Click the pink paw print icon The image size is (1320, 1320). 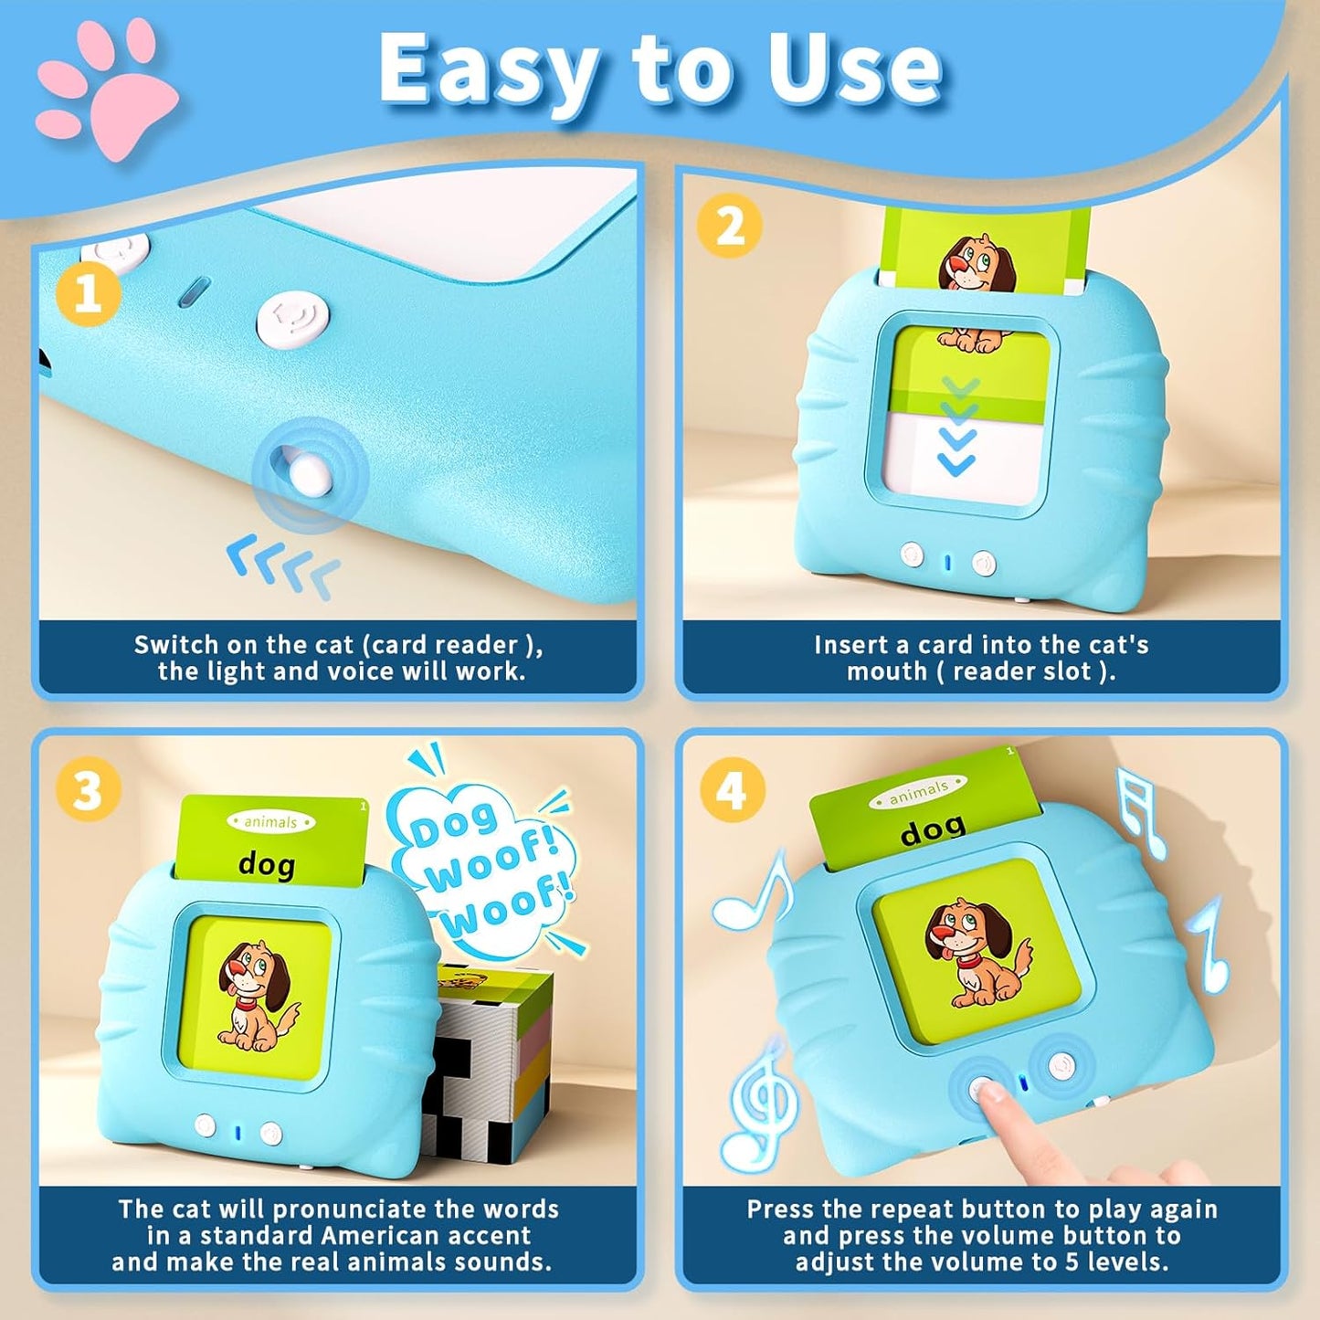click(x=107, y=92)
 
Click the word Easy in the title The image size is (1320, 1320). click(x=489, y=71)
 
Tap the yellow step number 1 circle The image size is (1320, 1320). click(x=88, y=293)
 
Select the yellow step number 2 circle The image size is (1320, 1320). click(x=729, y=225)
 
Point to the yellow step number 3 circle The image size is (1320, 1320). click(x=88, y=789)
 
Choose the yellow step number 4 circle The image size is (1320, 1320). click(x=732, y=789)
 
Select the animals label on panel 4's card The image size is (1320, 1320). click(x=918, y=791)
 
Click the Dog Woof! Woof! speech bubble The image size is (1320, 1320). click(x=484, y=868)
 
